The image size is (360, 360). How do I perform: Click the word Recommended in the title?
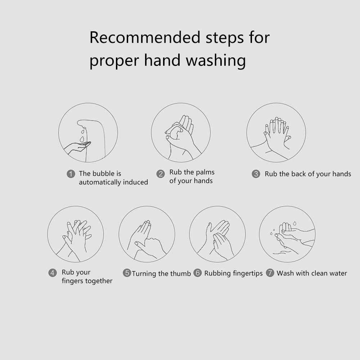tap(145, 37)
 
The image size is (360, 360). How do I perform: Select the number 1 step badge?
tap(71, 174)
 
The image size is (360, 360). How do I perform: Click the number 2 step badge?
tap(161, 174)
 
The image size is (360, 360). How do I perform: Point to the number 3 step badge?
tap(256, 174)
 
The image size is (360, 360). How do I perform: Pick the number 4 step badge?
tap(53, 273)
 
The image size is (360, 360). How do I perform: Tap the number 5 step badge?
tap(127, 273)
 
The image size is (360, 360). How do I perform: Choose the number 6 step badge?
tap(197, 273)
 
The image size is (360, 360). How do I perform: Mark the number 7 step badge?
tap(270, 273)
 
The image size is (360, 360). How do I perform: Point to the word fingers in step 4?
tap(73, 281)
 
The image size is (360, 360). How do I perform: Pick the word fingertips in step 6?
tap(248, 274)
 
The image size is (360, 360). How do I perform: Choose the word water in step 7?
tap(338, 273)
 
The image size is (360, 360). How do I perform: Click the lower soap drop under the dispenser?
tap(82, 139)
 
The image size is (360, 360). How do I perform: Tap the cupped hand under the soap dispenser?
tap(77, 147)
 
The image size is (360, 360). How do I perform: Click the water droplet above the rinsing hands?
tap(294, 223)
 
